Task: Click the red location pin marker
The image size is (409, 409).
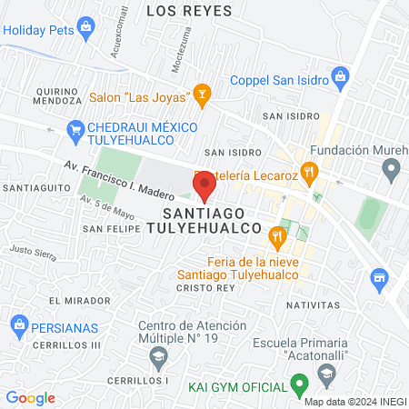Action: pyautogui.click(x=204, y=185)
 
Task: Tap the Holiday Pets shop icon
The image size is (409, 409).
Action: pyautogui.click(x=86, y=26)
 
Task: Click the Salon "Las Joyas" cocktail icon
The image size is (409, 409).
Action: pyautogui.click(x=202, y=93)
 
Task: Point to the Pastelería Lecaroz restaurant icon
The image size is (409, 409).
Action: pyautogui.click(x=310, y=170)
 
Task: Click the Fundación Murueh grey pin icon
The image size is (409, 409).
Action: pyautogui.click(x=392, y=168)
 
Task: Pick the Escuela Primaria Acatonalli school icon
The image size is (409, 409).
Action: pyautogui.click(x=325, y=372)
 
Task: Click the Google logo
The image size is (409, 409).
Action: pyautogui.click(x=30, y=397)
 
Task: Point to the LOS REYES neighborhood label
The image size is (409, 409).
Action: pyautogui.click(x=188, y=11)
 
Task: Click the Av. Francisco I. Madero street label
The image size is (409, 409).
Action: pyautogui.click(x=118, y=180)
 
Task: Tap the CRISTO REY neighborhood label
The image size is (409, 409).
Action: pyautogui.click(x=204, y=285)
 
